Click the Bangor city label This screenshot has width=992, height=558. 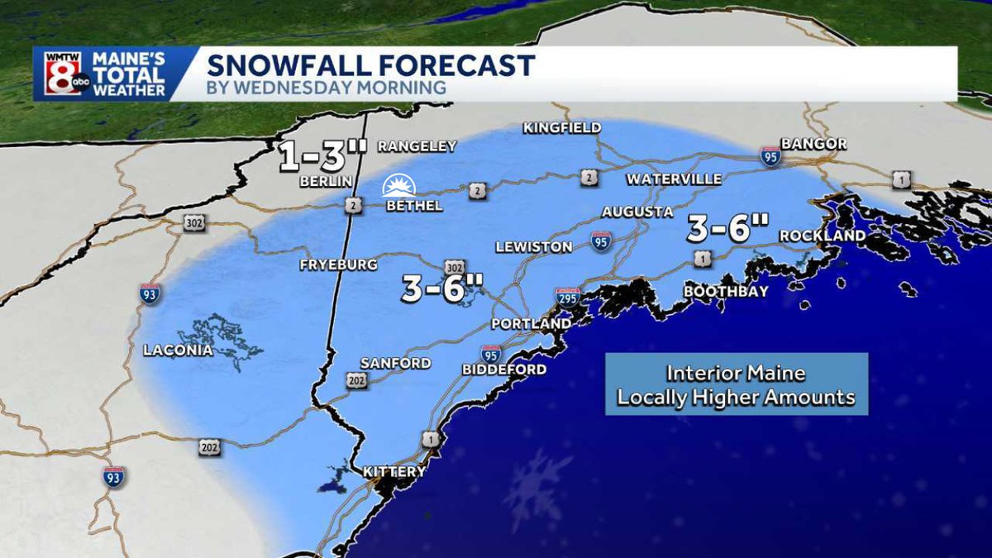tap(813, 144)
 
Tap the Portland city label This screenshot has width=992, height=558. tap(531, 323)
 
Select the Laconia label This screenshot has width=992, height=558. tap(178, 351)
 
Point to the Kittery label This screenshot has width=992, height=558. tap(394, 472)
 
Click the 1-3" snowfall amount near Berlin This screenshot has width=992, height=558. tap(322, 156)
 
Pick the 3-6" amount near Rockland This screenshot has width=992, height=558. tap(728, 227)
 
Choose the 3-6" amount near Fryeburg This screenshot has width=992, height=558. tap(442, 289)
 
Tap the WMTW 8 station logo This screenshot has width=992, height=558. tap(64, 74)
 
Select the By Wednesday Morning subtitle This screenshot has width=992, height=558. tap(327, 88)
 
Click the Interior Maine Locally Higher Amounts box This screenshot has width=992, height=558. tap(736, 384)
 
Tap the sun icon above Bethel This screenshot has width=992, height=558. tap(399, 185)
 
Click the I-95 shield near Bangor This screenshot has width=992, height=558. tap(770, 155)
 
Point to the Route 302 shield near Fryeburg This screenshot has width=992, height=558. tap(454, 268)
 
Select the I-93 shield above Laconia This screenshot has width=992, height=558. tap(150, 293)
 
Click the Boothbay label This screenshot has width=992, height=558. tap(726, 291)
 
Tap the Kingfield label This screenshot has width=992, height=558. tap(562, 128)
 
